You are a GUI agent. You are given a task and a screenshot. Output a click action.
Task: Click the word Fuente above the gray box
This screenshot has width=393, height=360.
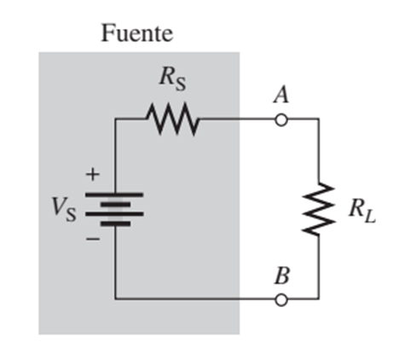[136, 34]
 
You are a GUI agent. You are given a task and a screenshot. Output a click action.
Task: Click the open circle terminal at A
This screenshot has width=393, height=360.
[280, 120]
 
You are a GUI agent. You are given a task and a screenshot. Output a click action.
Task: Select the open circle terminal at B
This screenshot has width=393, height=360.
[280, 299]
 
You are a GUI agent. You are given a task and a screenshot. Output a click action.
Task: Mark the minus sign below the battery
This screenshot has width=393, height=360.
[93, 240]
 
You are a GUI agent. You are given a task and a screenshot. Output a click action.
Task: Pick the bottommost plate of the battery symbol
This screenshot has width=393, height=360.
[116, 224]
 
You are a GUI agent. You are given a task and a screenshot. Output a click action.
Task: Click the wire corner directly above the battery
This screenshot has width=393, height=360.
[116, 120]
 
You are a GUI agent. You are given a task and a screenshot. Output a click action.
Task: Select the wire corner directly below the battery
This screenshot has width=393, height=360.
[116, 299]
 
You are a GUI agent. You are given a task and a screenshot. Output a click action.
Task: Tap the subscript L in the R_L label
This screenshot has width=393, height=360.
[368, 214]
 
